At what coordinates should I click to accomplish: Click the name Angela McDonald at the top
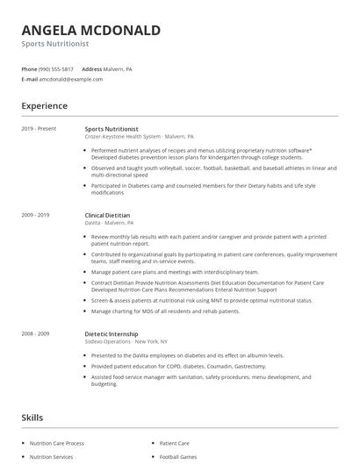[90, 31]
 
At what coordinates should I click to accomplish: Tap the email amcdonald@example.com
[71, 79]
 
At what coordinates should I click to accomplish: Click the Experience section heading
[45, 106]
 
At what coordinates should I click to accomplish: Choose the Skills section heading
[32, 418]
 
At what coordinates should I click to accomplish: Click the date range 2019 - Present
[39, 129]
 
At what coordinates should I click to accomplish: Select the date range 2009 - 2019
[36, 215]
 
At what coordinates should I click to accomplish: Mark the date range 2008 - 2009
[36, 334]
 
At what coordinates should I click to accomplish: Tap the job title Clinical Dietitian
[107, 215]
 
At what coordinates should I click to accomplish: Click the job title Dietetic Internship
[111, 334]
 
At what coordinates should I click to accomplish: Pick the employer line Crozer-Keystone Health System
[123, 137]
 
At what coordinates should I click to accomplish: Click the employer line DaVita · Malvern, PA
[110, 223]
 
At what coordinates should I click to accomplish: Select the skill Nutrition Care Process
[58, 444]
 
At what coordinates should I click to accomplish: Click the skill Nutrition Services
[52, 457]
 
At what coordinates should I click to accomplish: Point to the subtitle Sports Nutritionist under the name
[55, 43]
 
